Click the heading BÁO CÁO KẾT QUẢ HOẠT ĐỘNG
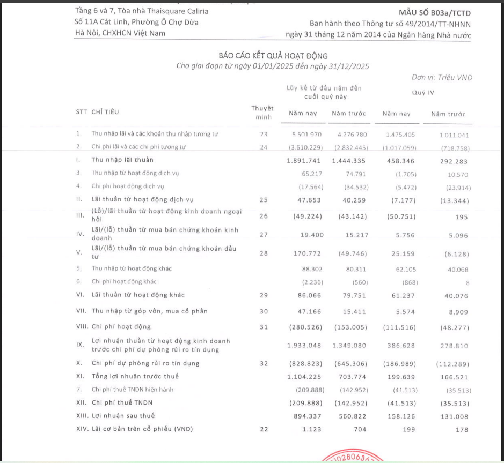(273, 56)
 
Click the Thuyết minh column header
(262, 112)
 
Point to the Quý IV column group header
(422, 92)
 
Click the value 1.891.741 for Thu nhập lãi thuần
(303, 160)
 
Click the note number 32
(263, 363)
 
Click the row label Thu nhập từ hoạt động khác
(132, 268)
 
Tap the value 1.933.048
(303, 346)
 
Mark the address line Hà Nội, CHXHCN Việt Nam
(120, 33)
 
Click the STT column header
(81, 112)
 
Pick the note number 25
(263, 200)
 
